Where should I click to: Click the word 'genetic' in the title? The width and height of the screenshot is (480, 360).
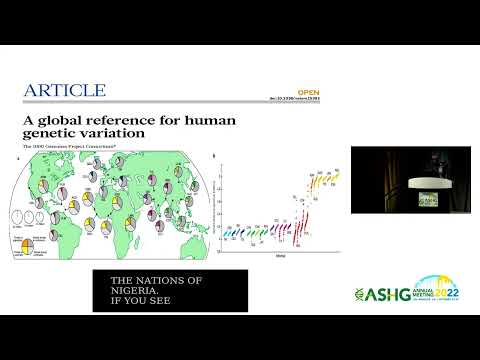55,133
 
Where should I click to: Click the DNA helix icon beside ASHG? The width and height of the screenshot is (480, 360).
361,294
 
